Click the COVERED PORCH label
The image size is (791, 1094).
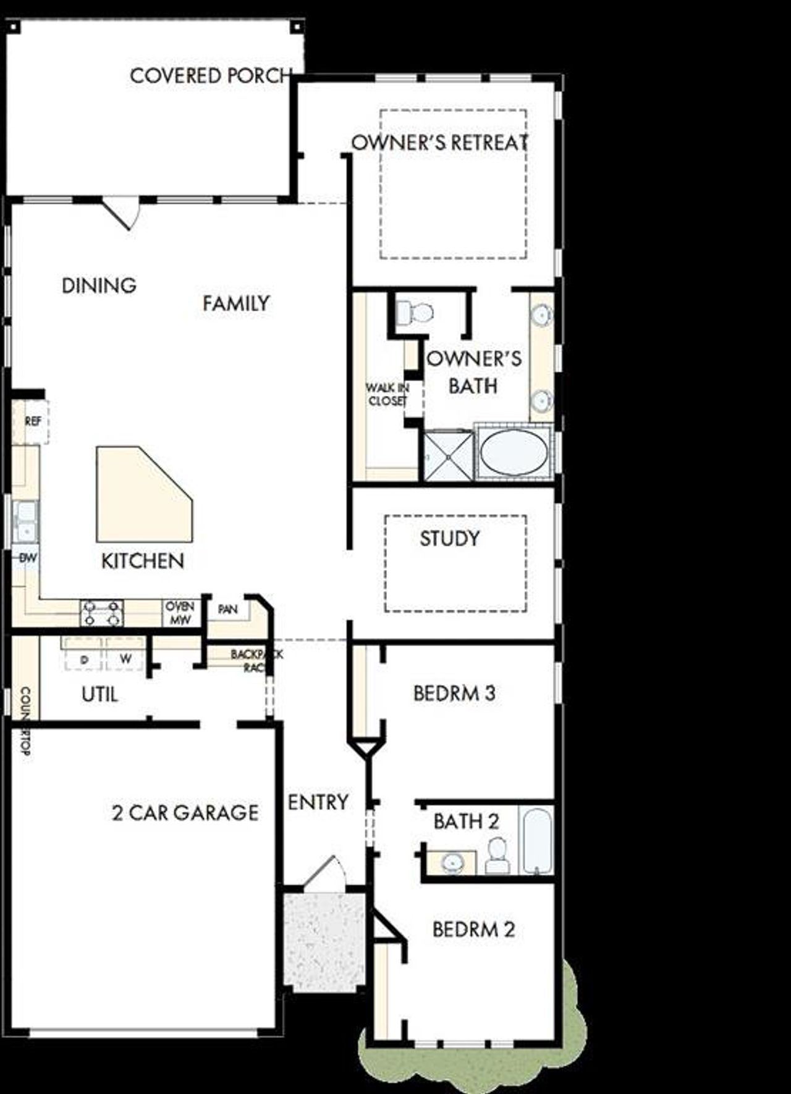[x=210, y=76]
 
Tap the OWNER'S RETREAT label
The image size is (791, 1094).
[x=439, y=143]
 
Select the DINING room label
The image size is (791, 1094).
[x=99, y=285]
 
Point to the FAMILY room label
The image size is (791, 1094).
[x=236, y=303]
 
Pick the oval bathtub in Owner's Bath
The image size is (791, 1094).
[x=514, y=452]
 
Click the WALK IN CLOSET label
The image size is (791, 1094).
[x=387, y=394]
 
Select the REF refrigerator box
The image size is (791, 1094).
[x=33, y=422]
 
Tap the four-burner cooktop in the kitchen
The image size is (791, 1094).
[x=101, y=613]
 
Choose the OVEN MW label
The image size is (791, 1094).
[x=180, y=613]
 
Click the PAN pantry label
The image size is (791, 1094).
[x=227, y=610]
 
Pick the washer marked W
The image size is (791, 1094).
[x=125, y=659]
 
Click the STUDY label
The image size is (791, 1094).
[x=449, y=539]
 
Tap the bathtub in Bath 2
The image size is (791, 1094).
[x=535, y=840]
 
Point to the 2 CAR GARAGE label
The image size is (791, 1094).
[x=185, y=813]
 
